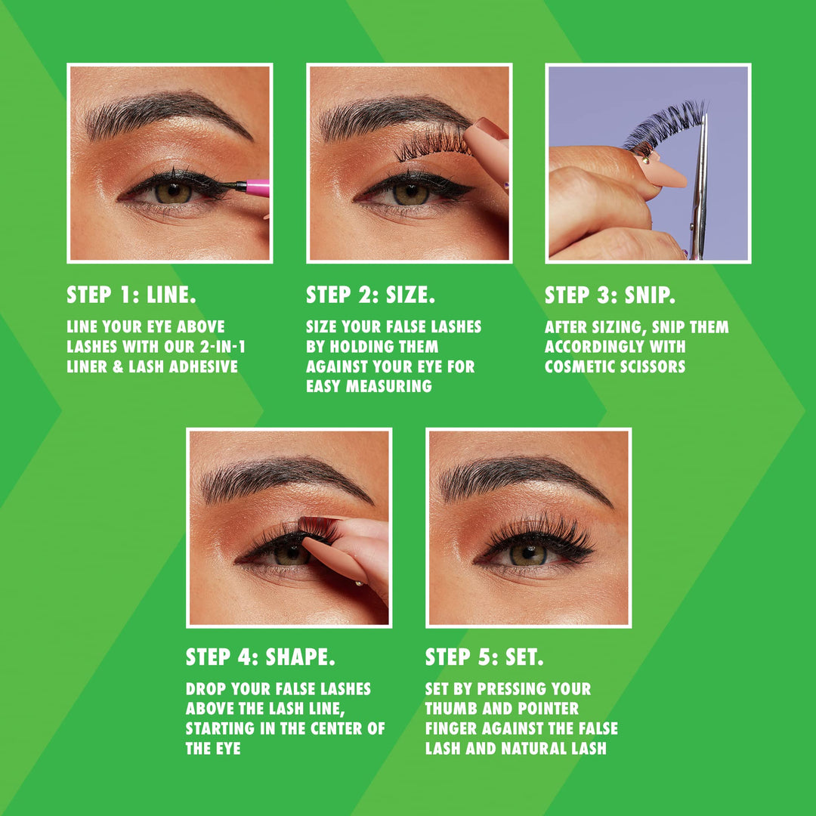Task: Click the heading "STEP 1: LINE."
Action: click(131, 295)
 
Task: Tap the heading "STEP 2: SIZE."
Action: click(370, 295)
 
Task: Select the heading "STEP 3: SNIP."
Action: click(610, 295)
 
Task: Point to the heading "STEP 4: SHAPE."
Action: click(260, 657)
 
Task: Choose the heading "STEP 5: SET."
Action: click(484, 657)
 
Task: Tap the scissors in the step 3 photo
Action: click(698, 187)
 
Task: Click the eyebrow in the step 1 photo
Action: click(165, 113)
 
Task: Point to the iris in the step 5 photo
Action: click(527, 554)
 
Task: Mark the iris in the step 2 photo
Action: click(410, 193)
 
